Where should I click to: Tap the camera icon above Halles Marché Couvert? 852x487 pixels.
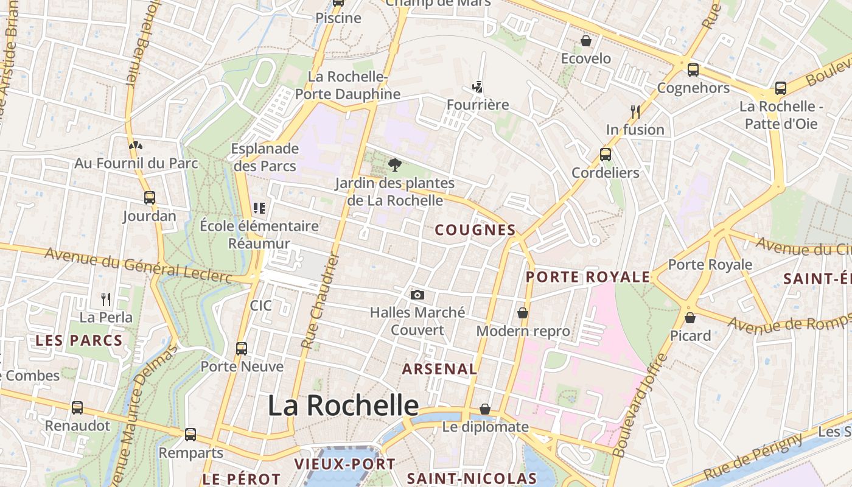[417, 295]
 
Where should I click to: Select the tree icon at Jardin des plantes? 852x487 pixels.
[395, 164]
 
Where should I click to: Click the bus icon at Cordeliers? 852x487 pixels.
[605, 155]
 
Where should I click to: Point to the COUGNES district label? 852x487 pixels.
[476, 230]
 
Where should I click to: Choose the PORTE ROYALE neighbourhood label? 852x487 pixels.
[588, 277]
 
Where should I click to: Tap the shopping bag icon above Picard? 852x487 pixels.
[690, 318]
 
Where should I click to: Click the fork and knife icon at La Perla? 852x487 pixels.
[106, 299]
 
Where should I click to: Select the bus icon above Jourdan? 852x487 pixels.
[149, 198]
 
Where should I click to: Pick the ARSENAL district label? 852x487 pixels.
[439, 369]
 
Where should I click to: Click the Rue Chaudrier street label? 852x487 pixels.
[319, 301]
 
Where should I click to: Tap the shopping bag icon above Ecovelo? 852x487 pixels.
[585, 41]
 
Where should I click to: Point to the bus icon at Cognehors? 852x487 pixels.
[693, 70]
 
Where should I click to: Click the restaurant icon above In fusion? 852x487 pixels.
[635, 111]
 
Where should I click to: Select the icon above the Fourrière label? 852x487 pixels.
[478, 87]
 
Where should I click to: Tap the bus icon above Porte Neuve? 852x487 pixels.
[242, 349]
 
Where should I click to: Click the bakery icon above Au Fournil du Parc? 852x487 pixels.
[136, 145]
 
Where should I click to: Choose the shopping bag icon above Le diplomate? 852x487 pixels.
[485, 409]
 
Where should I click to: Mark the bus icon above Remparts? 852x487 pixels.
[190, 435]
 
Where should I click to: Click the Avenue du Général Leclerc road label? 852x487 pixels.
[139, 265]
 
